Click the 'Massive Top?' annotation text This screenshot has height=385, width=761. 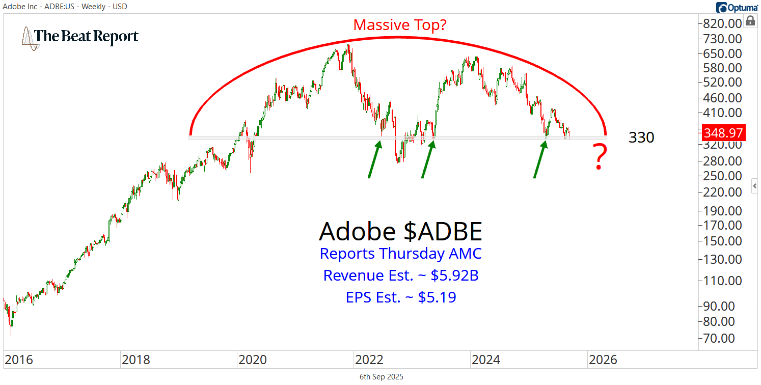[x=400, y=24]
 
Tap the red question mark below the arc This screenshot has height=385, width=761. [x=600, y=157]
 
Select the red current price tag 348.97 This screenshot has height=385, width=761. [x=723, y=133]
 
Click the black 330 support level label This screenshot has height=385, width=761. [x=641, y=137]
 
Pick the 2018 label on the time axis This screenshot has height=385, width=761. [x=135, y=360]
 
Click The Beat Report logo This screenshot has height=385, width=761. [x=80, y=37]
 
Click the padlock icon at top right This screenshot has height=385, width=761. [x=750, y=21]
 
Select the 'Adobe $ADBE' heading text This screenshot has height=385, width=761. [x=400, y=232]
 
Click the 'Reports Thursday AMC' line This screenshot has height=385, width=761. [x=400, y=254]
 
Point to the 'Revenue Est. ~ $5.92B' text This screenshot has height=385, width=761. [x=400, y=276]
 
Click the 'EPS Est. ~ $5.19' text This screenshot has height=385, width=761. [x=400, y=297]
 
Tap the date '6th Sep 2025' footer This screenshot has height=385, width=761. [x=381, y=377]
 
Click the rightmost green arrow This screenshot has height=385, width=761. [x=540, y=159]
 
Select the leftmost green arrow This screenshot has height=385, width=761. [x=374, y=159]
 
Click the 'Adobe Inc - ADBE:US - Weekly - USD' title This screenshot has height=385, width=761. [x=64, y=7]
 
